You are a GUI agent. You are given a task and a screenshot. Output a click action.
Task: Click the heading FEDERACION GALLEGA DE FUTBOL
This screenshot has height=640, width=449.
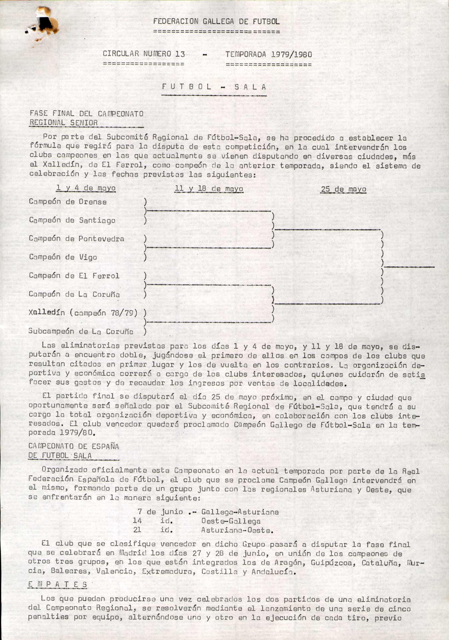pyautogui.click(x=216, y=21)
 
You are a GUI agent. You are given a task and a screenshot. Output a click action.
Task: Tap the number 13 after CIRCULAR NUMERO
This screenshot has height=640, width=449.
pyautogui.click(x=180, y=54)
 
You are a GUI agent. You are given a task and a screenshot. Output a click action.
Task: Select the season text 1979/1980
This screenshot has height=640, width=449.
pyautogui.click(x=291, y=54)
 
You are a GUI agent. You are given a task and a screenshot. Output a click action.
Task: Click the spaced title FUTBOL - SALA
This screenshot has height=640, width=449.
pyautogui.click(x=214, y=87)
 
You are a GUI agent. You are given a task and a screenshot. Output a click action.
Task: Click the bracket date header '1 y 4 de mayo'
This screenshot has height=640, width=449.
pyautogui.click(x=86, y=188)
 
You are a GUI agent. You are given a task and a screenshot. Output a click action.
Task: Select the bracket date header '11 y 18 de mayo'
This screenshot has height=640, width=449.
pyautogui.click(x=209, y=189)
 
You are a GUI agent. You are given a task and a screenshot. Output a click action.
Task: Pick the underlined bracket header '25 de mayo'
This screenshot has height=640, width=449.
pyautogui.click(x=344, y=190)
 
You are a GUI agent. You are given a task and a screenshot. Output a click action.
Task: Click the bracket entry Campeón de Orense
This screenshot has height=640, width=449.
pyautogui.click(x=68, y=202)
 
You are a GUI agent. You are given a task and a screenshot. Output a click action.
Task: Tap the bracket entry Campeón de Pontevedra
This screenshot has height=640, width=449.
pyautogui.click(x=76, y=238)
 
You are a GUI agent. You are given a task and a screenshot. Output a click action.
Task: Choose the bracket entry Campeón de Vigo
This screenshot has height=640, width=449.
pyautogui.click(x=63, y=257)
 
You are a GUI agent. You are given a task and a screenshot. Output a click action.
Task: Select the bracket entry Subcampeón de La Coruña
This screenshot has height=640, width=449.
pyautogui.click(x=81, y=331)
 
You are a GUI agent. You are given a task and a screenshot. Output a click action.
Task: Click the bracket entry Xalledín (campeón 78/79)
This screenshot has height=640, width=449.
pyautogui.click(x=83, y=313)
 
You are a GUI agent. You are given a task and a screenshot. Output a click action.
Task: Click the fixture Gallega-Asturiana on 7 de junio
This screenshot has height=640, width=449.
pyautogui.click(x=240, y=512)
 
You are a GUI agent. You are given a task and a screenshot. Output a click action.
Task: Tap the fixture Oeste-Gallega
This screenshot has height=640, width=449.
pyautogui.click(x=231, y=521)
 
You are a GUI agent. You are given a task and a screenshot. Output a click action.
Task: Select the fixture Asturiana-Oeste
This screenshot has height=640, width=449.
pyautogui.click(x=237, y=530)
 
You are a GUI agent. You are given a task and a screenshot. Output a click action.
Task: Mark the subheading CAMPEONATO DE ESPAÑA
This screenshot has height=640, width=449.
pyautogui.click(x=73, y=447)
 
